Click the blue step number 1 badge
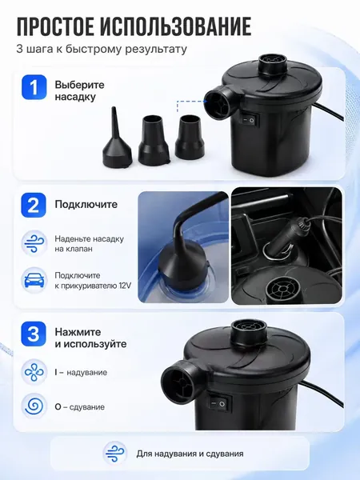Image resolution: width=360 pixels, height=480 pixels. [x=34, y=87]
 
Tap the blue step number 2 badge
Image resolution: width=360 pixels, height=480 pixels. [x=34, y=205]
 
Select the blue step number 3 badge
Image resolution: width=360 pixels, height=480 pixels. [x=34, y=334]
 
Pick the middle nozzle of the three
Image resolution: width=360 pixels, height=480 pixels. [x=154, y=139]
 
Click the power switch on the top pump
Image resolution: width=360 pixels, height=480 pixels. [x=248, y=121]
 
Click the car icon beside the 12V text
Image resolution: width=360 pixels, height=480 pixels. [x=34, y=281]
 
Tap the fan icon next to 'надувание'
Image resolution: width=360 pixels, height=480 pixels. [x=34, y=373]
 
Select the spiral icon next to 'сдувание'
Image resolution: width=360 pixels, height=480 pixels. [x=34, y=406]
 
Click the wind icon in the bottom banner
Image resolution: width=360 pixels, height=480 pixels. [x=114, y=453]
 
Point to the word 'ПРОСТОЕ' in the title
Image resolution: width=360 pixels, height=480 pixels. [x=55, y=26]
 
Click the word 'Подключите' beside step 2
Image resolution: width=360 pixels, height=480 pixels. [x=86, y=204]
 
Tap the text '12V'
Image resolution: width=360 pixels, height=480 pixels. [x=126, y=286]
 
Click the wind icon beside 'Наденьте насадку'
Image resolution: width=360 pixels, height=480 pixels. [x=34, y=243]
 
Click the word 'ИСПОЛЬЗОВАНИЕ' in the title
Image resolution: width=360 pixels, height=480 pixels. [x=176, y=26]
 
